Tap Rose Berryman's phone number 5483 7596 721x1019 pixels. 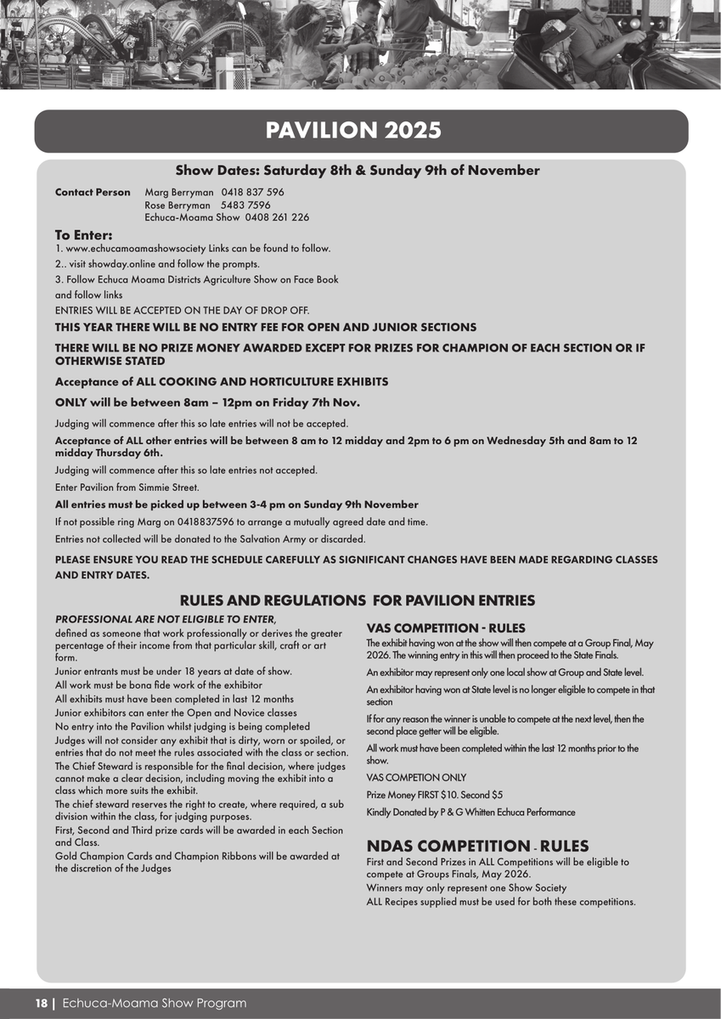tap(245, 205)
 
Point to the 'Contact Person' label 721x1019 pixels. tap(93, 193)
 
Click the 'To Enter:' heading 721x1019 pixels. tap(83, 235)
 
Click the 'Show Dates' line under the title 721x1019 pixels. tap(357, 171)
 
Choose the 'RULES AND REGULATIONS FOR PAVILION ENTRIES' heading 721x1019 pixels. tap(357, 600)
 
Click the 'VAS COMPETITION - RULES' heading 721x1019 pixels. tap(445, 628)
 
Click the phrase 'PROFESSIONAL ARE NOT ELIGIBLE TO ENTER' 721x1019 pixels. tap(165, 618)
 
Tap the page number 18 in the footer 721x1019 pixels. tap(41, 1003)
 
